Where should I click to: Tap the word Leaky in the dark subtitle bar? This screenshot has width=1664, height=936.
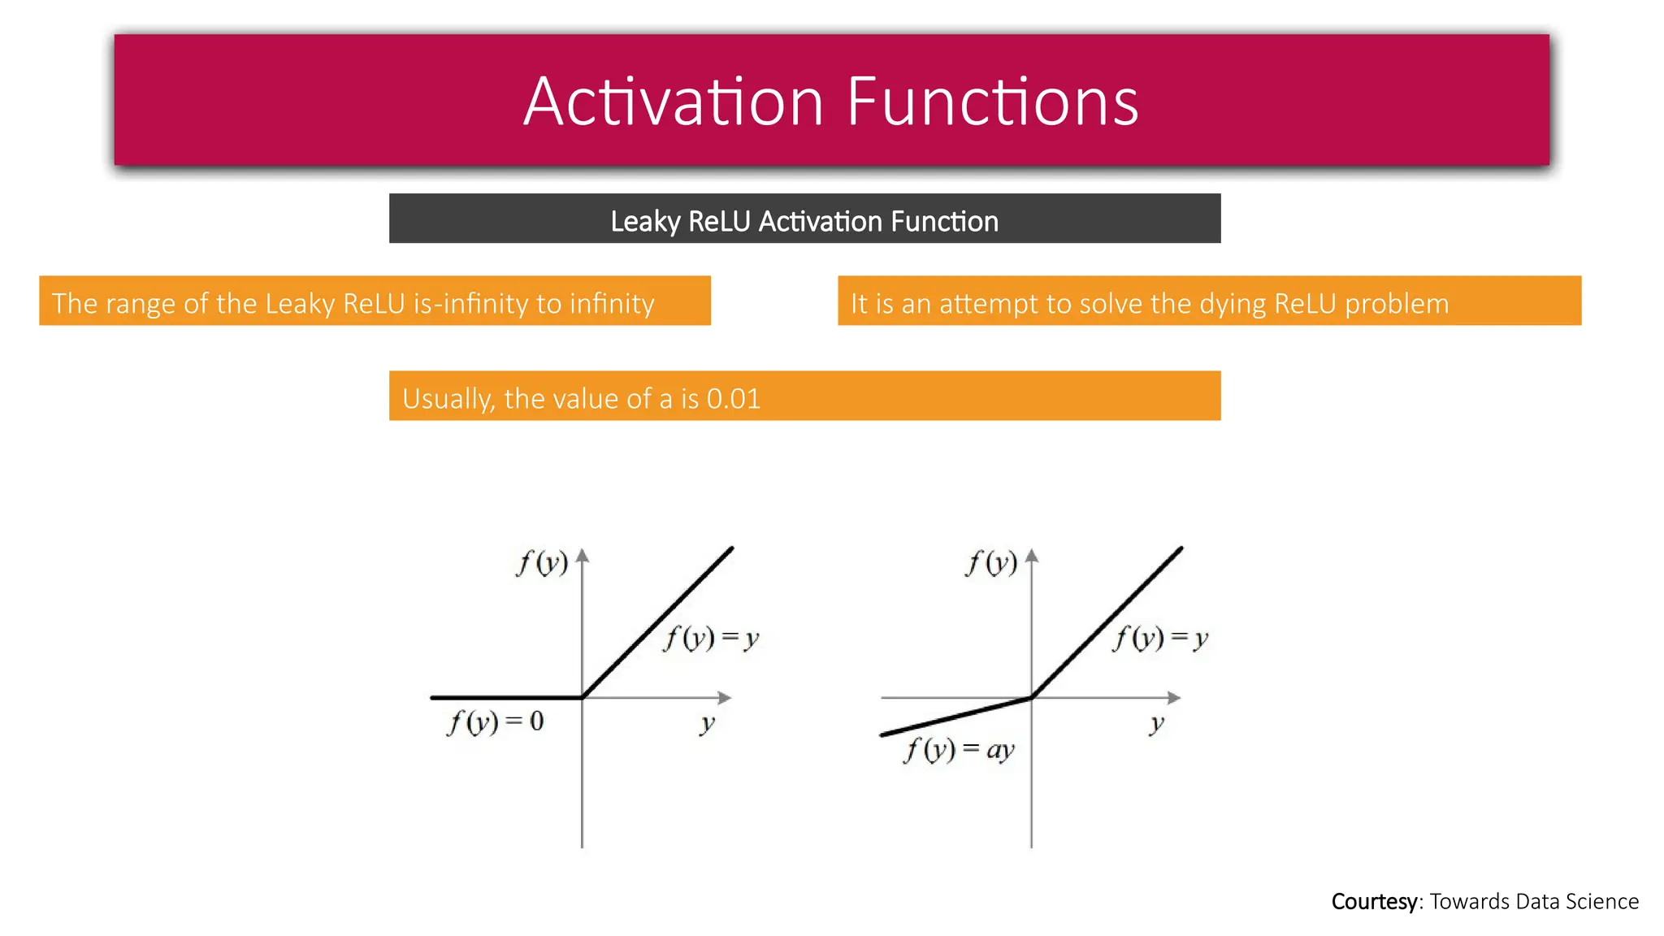(645, 221)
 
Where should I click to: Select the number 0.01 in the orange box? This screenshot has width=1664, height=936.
(733, 398)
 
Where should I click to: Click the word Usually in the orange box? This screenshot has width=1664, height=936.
(448, 399)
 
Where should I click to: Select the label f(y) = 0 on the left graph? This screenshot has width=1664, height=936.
(495, 721)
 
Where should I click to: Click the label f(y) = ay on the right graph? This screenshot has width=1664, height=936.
(959, 749)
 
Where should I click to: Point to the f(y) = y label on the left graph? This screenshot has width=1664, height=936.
(711, 638)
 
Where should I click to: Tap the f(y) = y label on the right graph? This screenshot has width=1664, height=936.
(1160, 638)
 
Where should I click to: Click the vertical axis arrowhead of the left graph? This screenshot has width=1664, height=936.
(582, 556)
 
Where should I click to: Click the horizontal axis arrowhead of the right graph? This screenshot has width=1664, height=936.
(1174, 697)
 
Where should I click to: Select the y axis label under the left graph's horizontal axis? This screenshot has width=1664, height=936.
(708, 722)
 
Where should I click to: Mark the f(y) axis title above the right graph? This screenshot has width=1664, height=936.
(991, 562)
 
